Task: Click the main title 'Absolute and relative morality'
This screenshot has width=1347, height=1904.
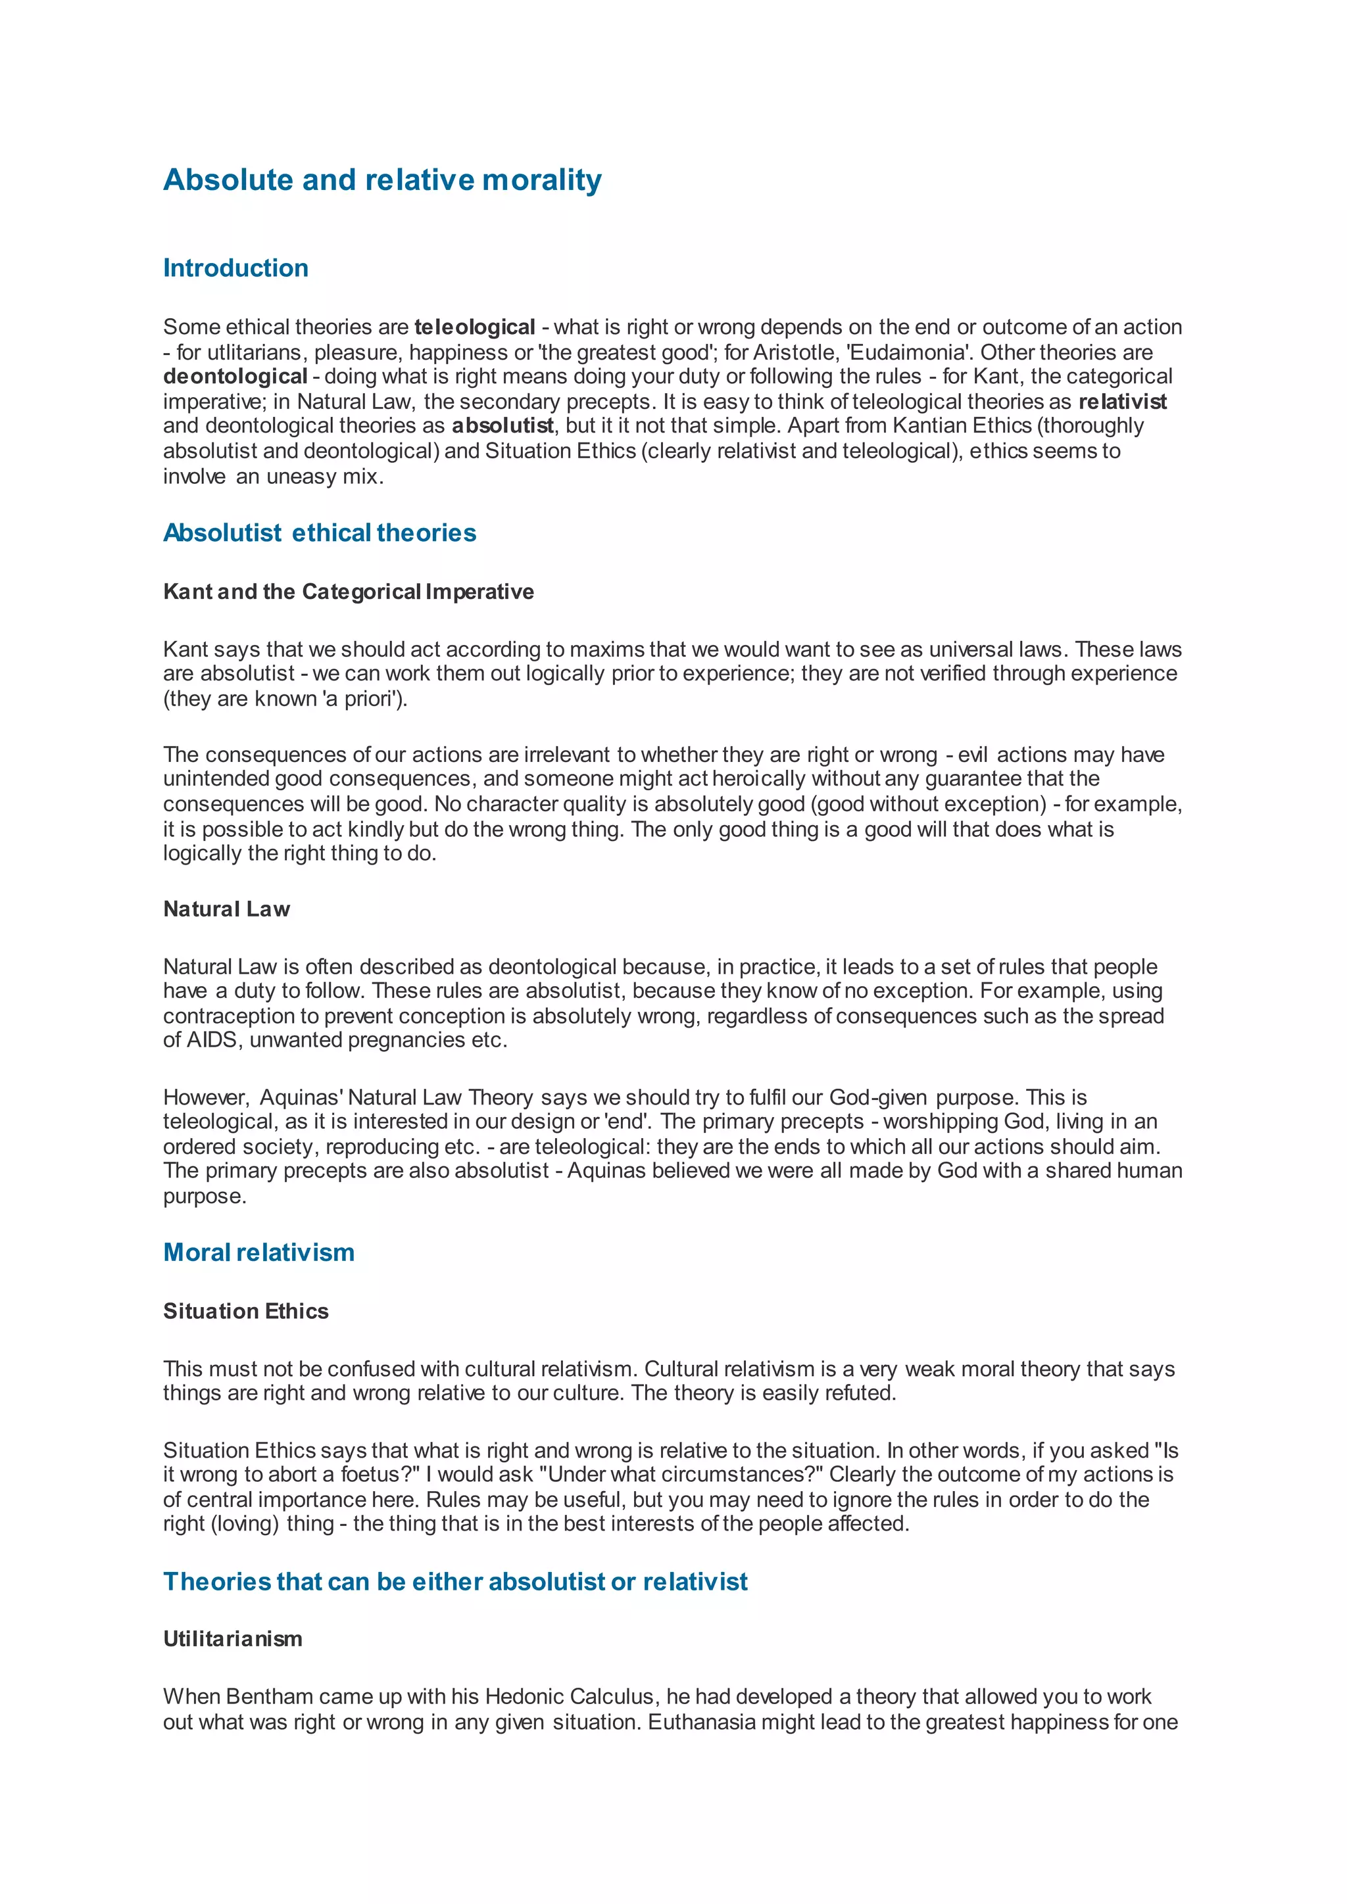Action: (382, 180)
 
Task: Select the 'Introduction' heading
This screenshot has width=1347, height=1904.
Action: (235, 268)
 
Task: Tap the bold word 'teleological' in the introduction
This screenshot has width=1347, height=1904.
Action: (474, 327)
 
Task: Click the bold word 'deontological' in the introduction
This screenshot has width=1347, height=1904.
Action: (235, 377)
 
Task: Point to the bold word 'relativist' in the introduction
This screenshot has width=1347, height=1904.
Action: (1122, 402)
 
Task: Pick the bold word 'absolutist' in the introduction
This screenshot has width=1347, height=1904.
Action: (502, 426)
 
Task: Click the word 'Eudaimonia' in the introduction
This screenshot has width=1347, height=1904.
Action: (908, 352)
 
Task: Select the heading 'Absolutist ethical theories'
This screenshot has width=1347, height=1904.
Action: (320, 533)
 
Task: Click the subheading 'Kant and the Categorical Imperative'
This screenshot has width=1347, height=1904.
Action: (349, 592)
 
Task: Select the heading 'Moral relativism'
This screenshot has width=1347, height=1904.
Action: (258, 1252)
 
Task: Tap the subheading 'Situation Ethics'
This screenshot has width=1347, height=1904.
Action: (245, 1311)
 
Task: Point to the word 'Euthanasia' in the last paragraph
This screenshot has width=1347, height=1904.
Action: (702, 1723)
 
